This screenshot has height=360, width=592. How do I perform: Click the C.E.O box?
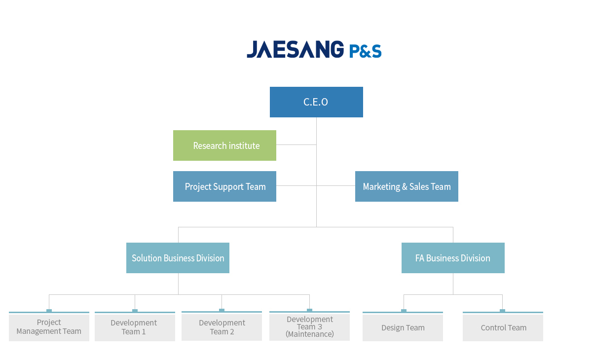click(316, 102)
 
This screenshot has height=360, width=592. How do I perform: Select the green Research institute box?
click(224, 145)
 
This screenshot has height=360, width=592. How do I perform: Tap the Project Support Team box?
click(224, 186)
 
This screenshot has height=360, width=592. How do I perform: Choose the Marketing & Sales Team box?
click(407, 186)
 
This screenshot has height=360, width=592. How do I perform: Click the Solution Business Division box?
click(178, 258)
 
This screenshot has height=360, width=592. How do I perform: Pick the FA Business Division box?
click(453, 258)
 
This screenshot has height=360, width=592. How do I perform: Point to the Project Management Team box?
click(49, 327)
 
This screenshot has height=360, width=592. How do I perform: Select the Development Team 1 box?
click(135, 327)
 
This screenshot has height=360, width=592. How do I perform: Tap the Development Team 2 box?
click(222, 326)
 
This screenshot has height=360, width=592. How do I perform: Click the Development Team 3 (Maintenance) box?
click(309, 326)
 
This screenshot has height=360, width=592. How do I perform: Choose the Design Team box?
click(403, 327)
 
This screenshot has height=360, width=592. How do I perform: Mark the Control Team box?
click(503, 327)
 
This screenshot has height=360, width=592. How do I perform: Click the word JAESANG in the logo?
click(295, 49)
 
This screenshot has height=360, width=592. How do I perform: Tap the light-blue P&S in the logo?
click(365, 51)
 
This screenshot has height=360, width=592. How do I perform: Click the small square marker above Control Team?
click(502, 311)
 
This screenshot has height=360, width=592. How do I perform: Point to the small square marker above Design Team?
click(404, 311)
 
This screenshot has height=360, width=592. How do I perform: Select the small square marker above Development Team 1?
click(135, 311)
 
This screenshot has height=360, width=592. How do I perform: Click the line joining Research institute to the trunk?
click(296, 144)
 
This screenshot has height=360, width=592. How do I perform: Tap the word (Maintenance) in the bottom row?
click(310, 334)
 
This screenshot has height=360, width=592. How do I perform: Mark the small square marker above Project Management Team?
click(49, 311)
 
